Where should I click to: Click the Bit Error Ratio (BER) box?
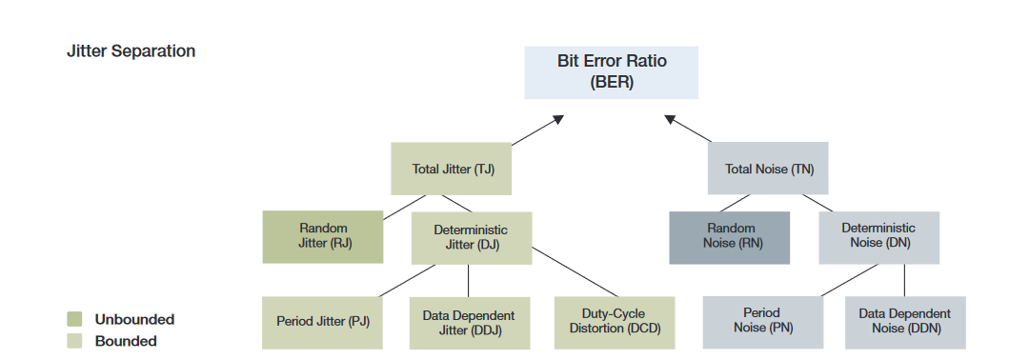click(x=611, y=71)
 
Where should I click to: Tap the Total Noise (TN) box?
click(x=768, y=169)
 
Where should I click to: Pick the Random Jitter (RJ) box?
click(x=323, y=236)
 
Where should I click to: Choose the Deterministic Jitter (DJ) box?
click(x=471, y=237)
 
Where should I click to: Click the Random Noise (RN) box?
click(x=730, y=236)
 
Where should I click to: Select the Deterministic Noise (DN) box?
click(x=878, y=236)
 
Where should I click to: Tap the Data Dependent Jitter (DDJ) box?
click(x=468, y=322)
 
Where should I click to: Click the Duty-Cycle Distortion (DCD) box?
click(x=614, y=322)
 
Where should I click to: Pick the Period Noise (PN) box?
click(x=763, y=322)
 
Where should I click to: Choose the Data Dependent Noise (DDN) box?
click(x=904, y=322)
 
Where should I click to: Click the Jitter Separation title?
click(x=131, y=51)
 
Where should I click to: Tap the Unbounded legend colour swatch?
click(x=74, y=319)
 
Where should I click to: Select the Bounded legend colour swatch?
click(x=74, y=340)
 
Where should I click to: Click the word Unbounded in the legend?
click(x=134, y=319)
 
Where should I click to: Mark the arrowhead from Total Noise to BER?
click(x=670, y=119)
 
